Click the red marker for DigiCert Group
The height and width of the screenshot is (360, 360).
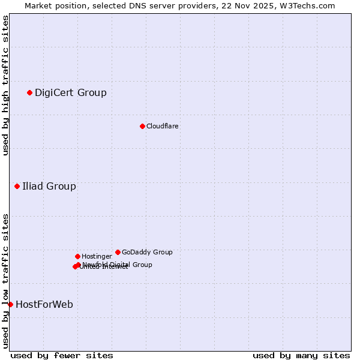[29, 92]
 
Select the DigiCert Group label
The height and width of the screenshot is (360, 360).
[70, 92]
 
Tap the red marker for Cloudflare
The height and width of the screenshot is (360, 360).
[142, 126]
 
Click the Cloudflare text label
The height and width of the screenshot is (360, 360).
[162, 126]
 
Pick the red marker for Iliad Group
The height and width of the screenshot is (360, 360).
[17, 186]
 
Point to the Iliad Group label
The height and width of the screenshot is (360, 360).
[49, 186]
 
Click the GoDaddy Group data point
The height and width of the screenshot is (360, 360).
[118, 252]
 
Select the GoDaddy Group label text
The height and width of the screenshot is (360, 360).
[147, 252]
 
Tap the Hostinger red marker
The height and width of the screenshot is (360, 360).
[77, 256]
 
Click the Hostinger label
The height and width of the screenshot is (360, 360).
[97, 256]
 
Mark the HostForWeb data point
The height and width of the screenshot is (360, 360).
[10, 304]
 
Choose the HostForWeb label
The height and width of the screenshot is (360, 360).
[44, 304]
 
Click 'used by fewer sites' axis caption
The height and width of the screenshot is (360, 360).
[62, 355]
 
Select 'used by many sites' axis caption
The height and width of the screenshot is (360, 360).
[301, 355]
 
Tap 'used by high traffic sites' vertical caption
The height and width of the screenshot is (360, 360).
[6, 85]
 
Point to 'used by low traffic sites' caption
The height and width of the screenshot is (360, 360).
[6, 280]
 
